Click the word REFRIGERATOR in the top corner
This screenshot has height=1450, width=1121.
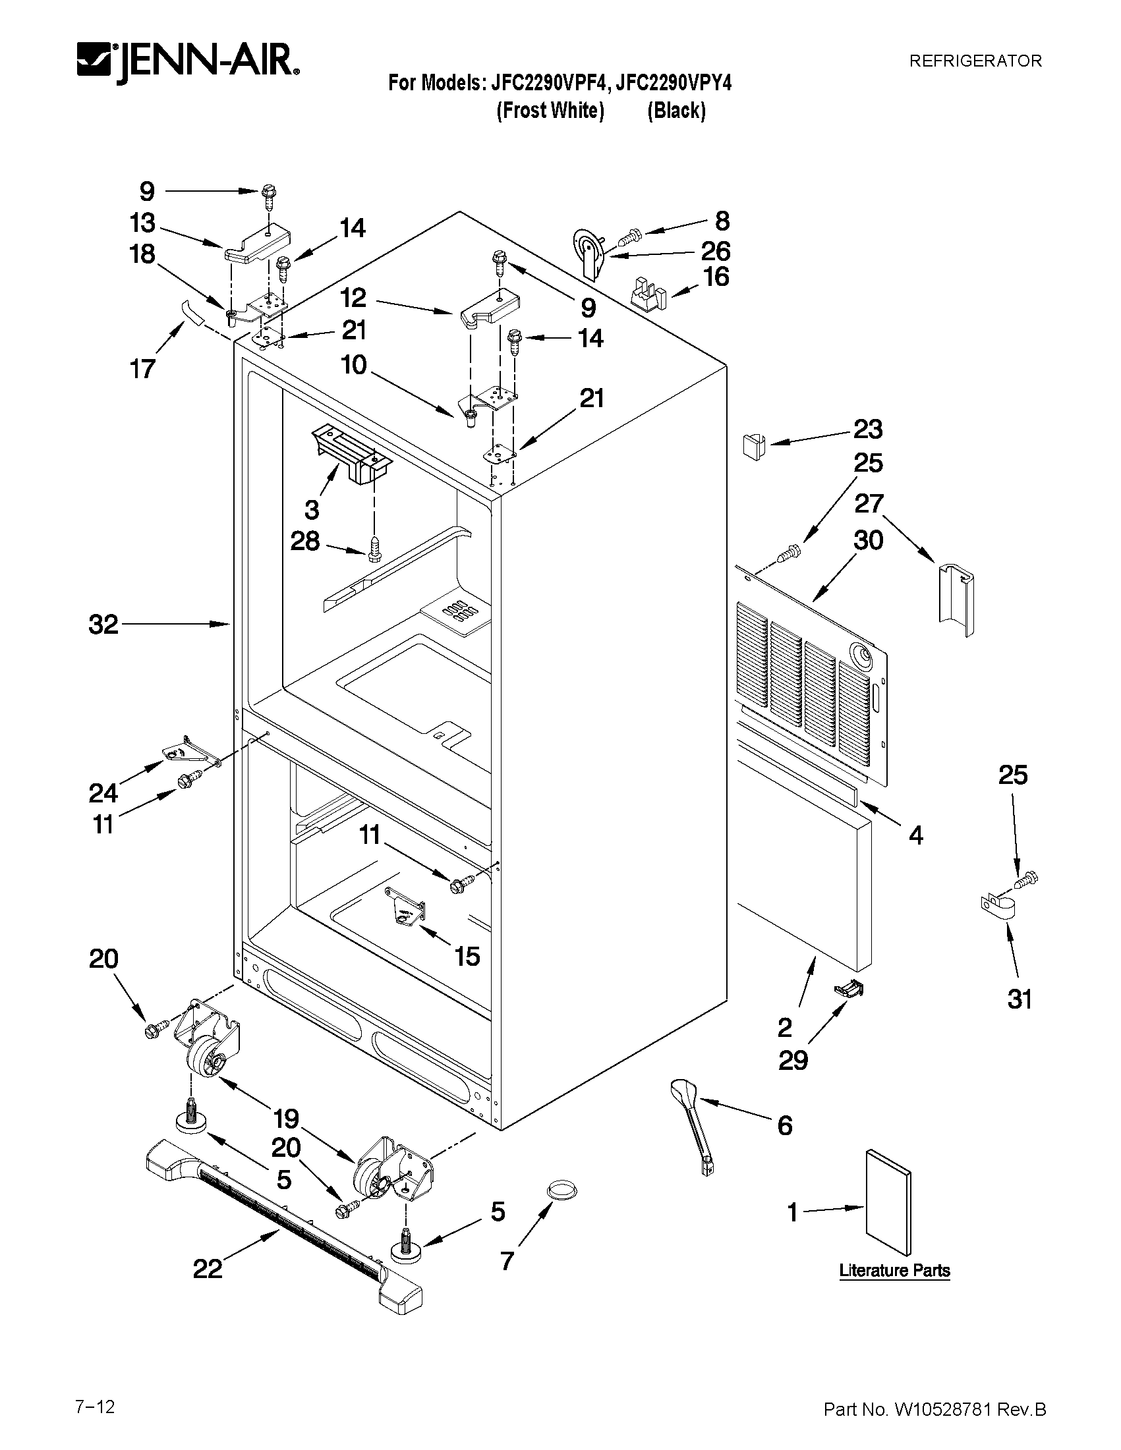click(975, 61)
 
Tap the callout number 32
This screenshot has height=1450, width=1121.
click(103, 624)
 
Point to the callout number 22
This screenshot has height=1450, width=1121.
click(207, 1269)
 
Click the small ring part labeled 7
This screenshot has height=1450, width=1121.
click(561, 1190)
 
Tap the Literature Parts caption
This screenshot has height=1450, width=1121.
click(894, 1270)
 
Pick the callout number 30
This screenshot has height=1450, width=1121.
click(868, 540)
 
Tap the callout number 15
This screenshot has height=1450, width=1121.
click(467, 957)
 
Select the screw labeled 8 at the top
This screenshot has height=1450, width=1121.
click(629, 235)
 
